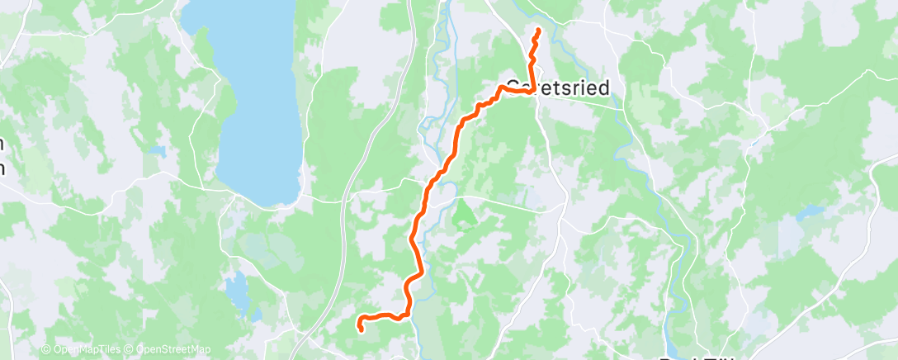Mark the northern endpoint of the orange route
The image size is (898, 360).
click(x=538, y=31)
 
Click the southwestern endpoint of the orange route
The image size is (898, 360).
click(x=361, y=329)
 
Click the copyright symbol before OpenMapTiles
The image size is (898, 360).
click(x=45, y=350)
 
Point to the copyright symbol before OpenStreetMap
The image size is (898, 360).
click(x=130, y=350)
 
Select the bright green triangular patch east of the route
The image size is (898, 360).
click(x=465, y=214)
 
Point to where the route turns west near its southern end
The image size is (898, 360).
click(x=405, y=314)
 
